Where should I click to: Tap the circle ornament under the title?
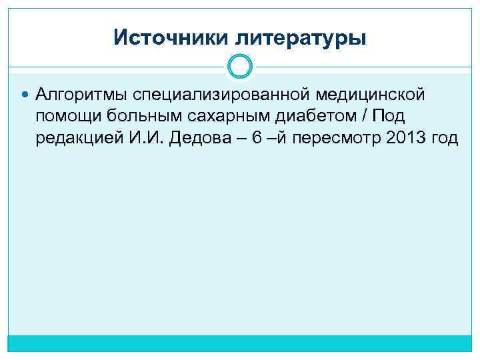coord(240,66)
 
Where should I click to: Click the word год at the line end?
coord(445,139)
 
